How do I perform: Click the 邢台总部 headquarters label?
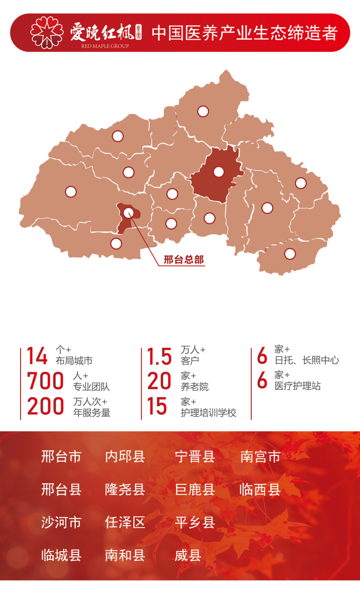click(x=184, y=260)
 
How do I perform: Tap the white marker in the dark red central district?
click(x=219, y=172)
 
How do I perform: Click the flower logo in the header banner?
click(x=47, y=33)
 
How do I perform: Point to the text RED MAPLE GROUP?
click(x=105, y=46)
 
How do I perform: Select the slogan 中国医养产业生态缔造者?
click(x=245, y=33)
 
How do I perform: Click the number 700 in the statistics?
click(x=45, y=381)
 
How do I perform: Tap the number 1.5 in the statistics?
click(x=159, y=356)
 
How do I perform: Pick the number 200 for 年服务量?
click(x=45, y=406)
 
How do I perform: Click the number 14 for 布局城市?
click(x=37, y=356)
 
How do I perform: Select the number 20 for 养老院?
click(x=159, y=381)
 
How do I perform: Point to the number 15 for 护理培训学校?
click(x=157, y=406)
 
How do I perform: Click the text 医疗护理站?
click(x=298, y=386)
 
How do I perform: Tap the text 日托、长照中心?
click(x=307, y=360)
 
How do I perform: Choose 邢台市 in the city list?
click(x=61, y=456)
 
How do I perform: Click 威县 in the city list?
click(x=188, y=555)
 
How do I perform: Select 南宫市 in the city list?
click(x=260, y=456)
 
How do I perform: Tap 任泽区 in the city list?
click(x=125, y=522)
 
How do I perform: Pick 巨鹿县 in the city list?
click(x=195, y=489)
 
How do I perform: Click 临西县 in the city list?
click(x=260, y=489)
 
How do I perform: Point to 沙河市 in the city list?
click(x=61, y=522)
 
